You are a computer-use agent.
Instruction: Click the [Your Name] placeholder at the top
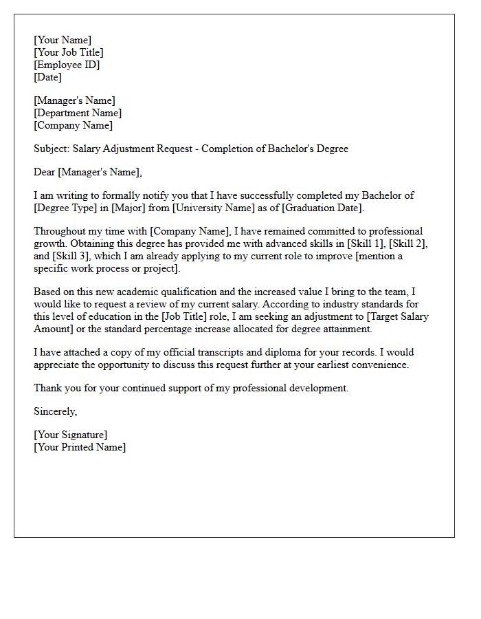point(63,40)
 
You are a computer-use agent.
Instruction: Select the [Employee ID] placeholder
point(67,65)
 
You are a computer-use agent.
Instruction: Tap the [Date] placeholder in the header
point(48,77)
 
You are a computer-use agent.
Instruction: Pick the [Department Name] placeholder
point(78,113)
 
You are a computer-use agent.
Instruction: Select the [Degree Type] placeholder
point(66,208)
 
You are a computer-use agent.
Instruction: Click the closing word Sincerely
point(55,411)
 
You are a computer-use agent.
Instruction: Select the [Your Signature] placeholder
point(70,435)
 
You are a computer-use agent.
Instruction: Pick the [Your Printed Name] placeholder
point(80,447)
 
